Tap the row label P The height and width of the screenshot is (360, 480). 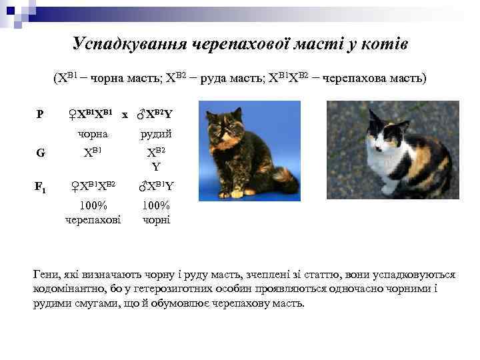pyautogui.click(x=40, y=115)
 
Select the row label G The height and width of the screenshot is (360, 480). pyautogui.click(x=41, y=153)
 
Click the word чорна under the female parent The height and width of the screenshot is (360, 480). pyautogui.click(x=93, y=134)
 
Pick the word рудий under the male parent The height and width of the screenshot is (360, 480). pyautogui.click(x=155, y=134)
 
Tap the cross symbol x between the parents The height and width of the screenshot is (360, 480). pyautogui.click(x=125, y=115)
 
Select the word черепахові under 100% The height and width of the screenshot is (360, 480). pyautogui.click(x=93, y=219)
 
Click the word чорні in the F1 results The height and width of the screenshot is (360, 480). pyautogui.click(x=157, y=219)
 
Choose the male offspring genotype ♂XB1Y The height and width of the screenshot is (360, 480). pyautogui.click(x=155, y=185)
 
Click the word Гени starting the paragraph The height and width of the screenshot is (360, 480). pyautogui.click(x=46, y=275)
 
